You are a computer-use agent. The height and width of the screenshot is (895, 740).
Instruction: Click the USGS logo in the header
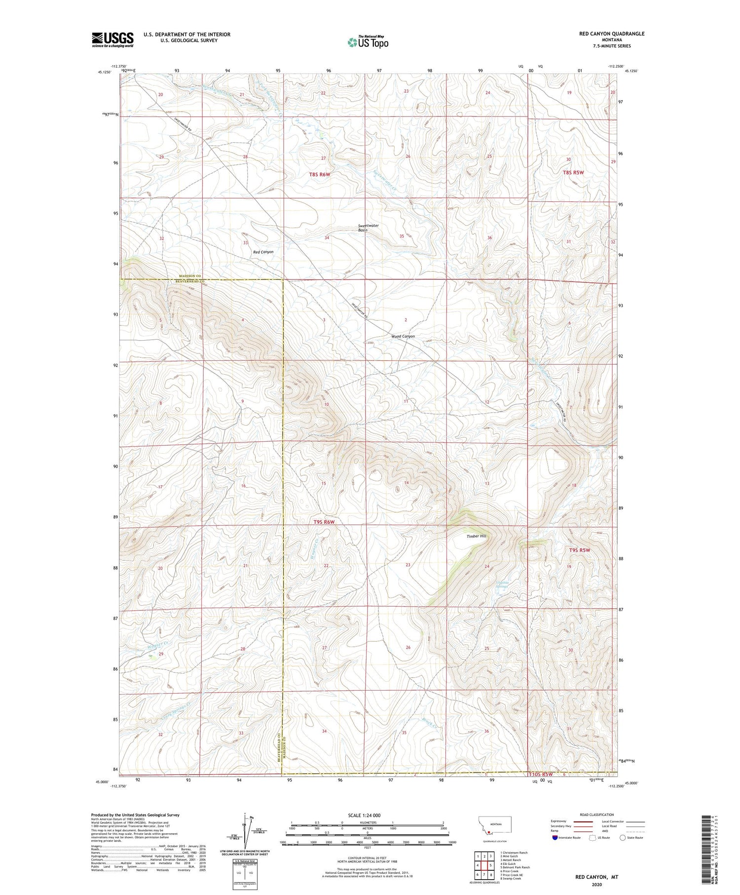pos(112,39)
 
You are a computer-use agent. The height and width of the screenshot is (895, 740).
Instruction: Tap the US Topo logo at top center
pos(368,42)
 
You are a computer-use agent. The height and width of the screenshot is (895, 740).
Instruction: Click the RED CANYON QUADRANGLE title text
pos(611,34)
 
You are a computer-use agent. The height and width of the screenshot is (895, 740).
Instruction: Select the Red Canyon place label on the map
pos(263,252)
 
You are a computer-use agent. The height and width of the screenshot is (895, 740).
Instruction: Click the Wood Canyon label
pos(403,336)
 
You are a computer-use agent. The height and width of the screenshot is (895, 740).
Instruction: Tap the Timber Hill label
pos(476,536)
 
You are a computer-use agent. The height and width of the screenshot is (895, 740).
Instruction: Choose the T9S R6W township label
pos(324,522)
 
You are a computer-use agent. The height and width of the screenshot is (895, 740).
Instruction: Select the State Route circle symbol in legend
pos(623,837)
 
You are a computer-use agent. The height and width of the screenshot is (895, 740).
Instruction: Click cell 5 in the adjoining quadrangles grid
pos(490,865)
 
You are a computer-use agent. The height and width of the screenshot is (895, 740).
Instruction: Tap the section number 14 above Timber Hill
pos(407,482)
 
